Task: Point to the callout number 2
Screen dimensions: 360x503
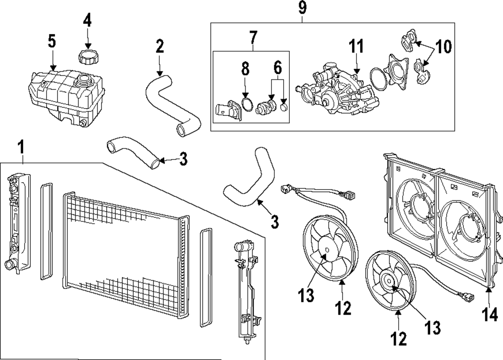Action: point(159,47)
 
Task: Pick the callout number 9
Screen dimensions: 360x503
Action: point(302,8)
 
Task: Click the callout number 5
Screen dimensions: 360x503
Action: point(52,42)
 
